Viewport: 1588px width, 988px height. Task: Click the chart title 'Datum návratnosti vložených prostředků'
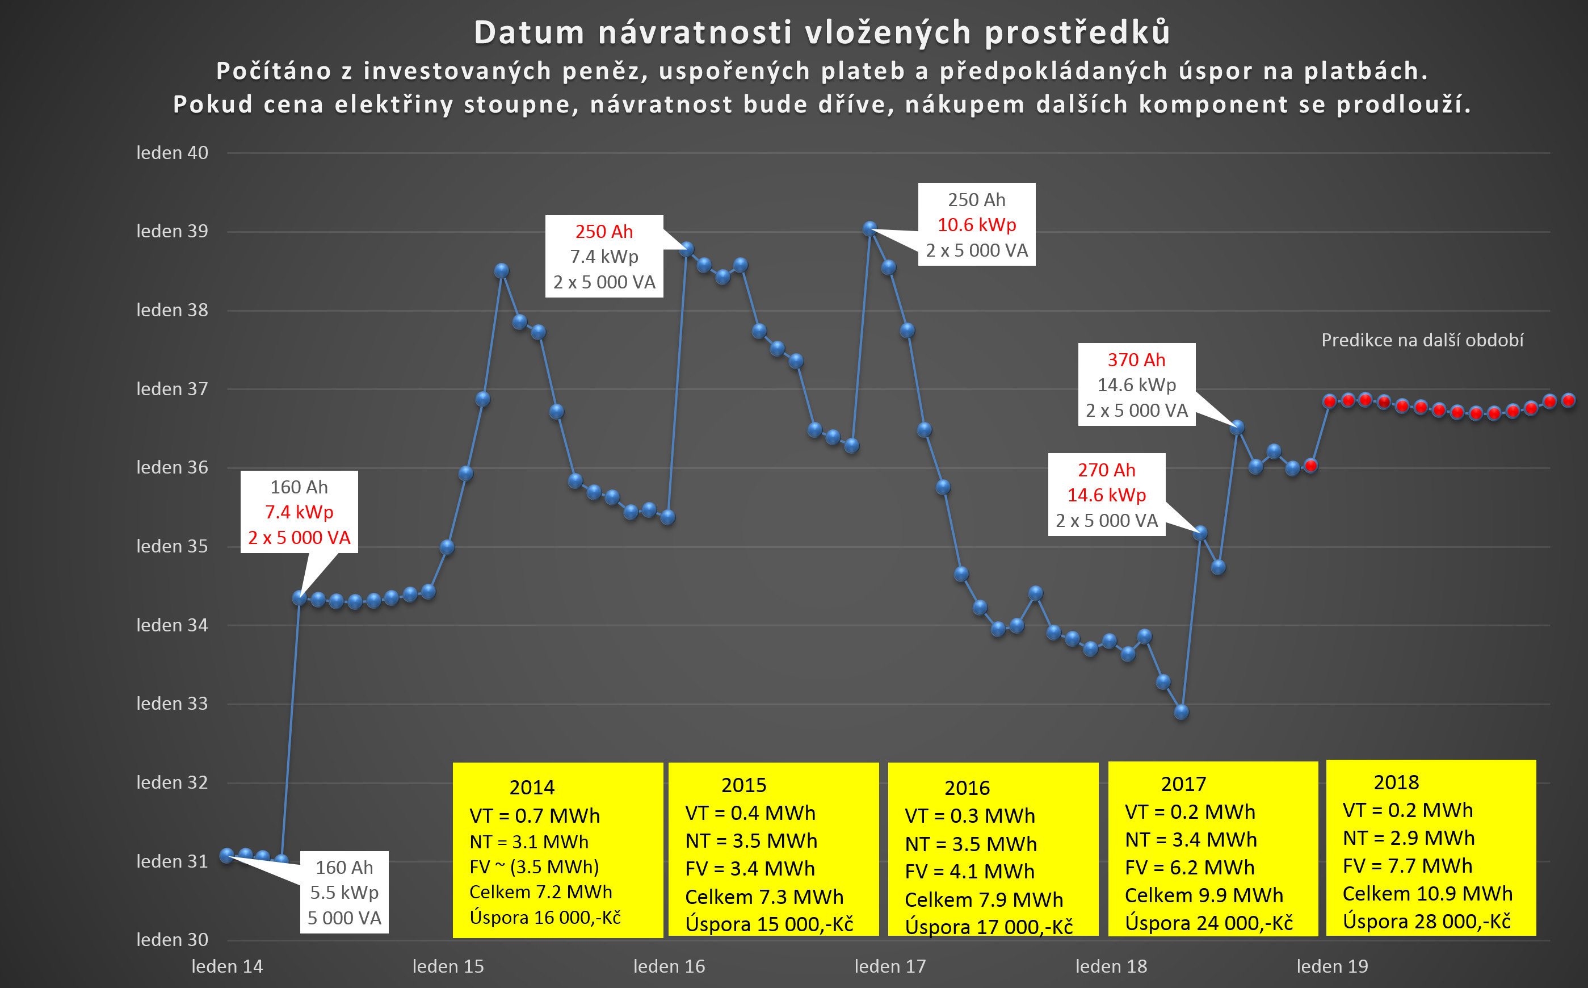coord(822,33)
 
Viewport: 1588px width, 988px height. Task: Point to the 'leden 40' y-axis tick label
coord(172,153)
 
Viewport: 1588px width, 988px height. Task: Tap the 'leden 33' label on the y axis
coord(172,704)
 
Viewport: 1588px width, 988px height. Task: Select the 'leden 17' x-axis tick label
coord(890,966)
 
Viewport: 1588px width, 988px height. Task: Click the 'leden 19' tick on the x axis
coord(1332,966)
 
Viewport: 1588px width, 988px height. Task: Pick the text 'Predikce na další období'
coord(1422,341)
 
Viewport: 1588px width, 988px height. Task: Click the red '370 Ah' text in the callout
coord(1136,360)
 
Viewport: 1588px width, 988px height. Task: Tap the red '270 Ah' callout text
coord(1106,471)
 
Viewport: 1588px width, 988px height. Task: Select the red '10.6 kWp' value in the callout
coord(977,225)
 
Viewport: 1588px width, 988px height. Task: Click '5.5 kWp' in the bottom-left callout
coord(344,893)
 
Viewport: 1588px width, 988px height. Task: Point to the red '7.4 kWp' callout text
coord(299,512)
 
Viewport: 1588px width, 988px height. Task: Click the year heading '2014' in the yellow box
coord(532,788)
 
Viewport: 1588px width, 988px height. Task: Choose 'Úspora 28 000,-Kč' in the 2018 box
coord(1427,922)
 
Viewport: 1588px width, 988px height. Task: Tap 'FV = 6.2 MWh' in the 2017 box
coord(1190,868)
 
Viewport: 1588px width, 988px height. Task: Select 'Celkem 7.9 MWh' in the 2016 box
coord(984,900)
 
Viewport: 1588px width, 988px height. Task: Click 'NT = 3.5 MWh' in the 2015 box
coord(751,841)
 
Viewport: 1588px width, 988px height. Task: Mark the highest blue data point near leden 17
coord(869,229)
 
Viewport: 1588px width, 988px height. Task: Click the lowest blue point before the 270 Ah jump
coord(1181,712)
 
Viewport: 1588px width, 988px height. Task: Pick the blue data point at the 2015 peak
coord(502,270)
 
